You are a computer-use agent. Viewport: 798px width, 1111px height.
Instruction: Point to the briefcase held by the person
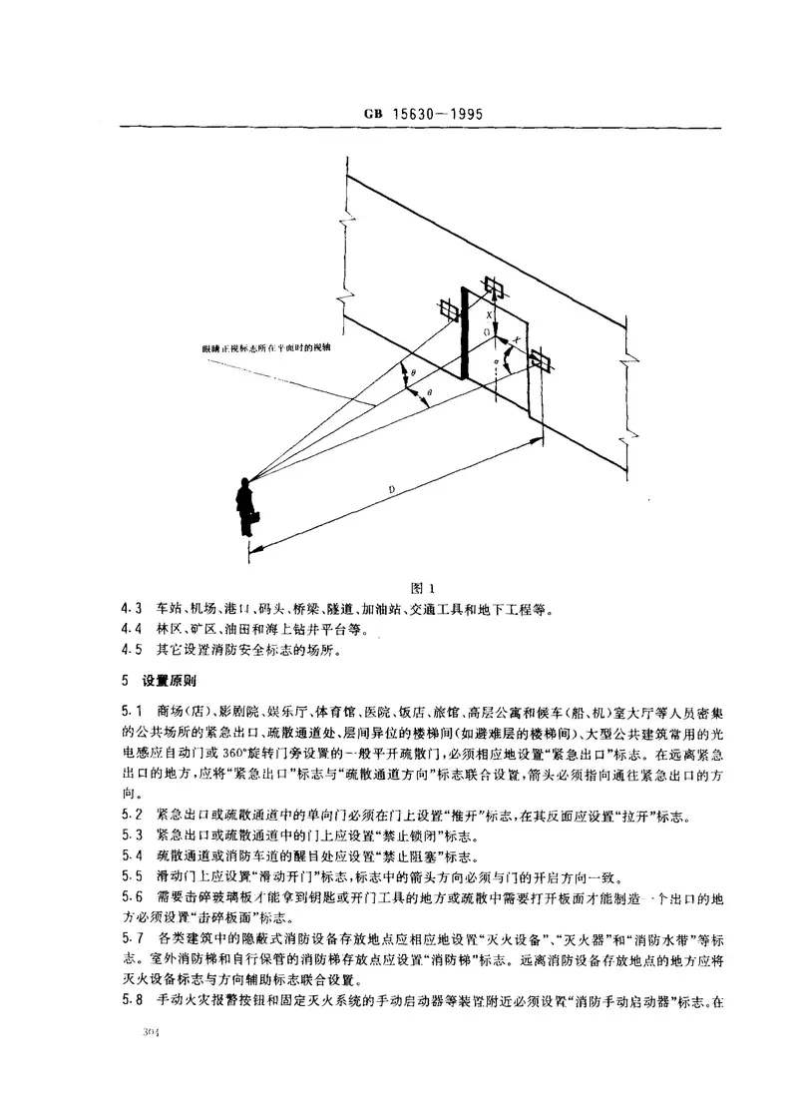point(255,519)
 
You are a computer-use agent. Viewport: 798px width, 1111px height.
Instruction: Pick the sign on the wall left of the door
point(449,311)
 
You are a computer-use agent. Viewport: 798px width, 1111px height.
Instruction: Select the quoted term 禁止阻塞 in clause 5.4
point(362,855)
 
